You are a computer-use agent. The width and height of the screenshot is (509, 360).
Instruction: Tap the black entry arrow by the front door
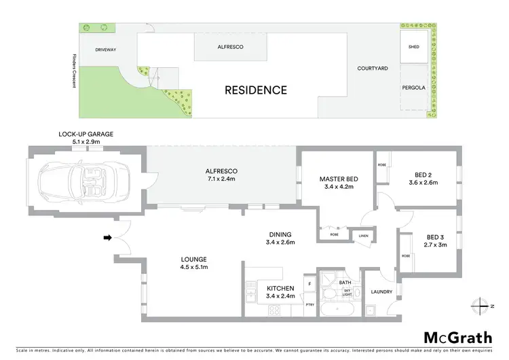[107, 238]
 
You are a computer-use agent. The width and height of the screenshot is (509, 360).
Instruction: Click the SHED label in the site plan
[413, 48]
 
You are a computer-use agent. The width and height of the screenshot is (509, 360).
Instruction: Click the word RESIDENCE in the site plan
[256, 90]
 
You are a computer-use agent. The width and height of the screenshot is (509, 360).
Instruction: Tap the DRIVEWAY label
[107, 50]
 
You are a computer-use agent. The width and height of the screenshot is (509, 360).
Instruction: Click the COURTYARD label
[373, 69]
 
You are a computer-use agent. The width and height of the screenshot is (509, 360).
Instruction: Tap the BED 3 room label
[436, 236]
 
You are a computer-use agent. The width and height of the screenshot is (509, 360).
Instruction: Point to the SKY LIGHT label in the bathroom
[347, 292]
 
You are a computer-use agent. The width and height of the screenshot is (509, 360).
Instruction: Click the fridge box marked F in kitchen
[309, 283]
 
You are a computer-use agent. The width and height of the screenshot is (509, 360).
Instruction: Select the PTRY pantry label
[309, 306]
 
